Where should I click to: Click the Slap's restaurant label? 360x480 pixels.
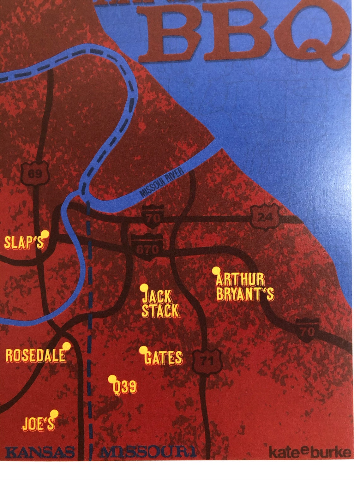click(24, 243)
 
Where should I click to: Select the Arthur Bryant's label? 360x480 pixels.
click(245, 287)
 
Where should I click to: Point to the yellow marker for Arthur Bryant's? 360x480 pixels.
click(216, 270)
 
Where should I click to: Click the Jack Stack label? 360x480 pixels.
click(160, 304)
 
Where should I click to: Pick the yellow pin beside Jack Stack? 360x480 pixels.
click(144, 288)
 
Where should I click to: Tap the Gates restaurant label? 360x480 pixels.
click(163, 358)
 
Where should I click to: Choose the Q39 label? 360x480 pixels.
click(125, 387)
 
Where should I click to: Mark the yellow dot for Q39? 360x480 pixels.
click(112, 379)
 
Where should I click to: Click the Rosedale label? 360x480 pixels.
click(36, 356)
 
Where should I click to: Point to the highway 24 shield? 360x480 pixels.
click(265, 217)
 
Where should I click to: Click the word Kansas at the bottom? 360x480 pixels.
click(40, 452)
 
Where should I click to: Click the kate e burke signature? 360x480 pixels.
click(309, 452)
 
